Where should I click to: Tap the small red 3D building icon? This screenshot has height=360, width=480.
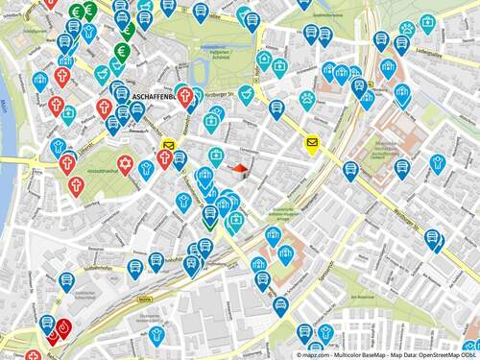click(240, 170)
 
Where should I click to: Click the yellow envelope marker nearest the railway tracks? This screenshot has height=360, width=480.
click(312, 143)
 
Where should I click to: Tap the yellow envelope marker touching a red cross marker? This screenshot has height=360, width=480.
click(168, 147)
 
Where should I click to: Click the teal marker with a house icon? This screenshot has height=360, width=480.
click(264, 60)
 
